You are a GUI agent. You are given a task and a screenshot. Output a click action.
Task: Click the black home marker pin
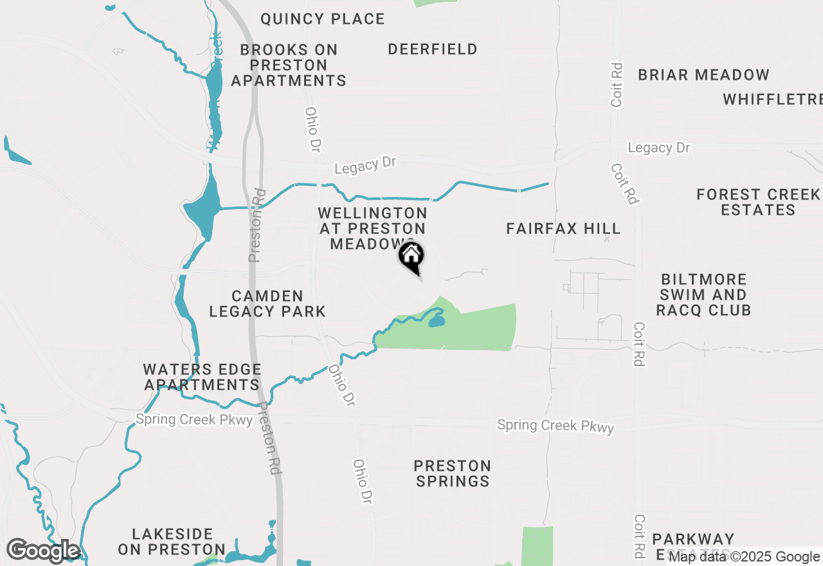pyautogui.click(x=411, y=257)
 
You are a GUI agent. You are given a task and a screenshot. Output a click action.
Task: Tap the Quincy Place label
pyautogui.click(x=322, y=19)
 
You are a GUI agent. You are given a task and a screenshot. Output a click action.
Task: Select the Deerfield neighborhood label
pyautogui.click(x=432, y=50)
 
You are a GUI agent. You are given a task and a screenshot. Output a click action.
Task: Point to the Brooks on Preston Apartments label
pyautogui.click(x=289, y=65)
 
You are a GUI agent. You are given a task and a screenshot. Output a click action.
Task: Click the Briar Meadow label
pyautogui.click(x=703, y=75)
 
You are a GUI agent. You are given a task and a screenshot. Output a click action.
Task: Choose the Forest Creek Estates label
pyautogui.click(x=758, y=202)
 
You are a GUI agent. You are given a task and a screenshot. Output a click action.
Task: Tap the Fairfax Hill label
pyautogui.click(x=563, y=229)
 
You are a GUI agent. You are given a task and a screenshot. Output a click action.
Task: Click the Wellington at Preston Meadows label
pyautogui.click(x=372, y=228)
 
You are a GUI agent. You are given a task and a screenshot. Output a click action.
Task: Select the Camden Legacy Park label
pyautogui.click(x=267, y=304)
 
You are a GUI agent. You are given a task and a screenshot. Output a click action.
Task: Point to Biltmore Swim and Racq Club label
pyautogui.click(x=704, y=295)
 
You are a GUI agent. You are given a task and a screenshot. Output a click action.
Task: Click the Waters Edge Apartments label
pyautogui.click(x=202, y=378)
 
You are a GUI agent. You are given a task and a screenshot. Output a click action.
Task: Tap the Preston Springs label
pyautogui.click(x=453, y=473)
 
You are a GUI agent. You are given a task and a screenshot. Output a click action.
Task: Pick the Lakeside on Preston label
pyautogui.click(x=172, y=542)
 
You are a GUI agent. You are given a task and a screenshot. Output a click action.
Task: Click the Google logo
pyautogui.click(x=43, y=551)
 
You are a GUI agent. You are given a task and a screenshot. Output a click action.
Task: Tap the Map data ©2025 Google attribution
pyautogui.click(x=744, y=557)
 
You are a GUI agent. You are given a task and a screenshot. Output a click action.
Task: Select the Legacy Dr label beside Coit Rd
pyautogui.click(x=658, y=148)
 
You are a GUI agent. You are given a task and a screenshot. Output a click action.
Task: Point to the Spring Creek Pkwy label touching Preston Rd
pyautogui.click(x=194, y=419)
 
